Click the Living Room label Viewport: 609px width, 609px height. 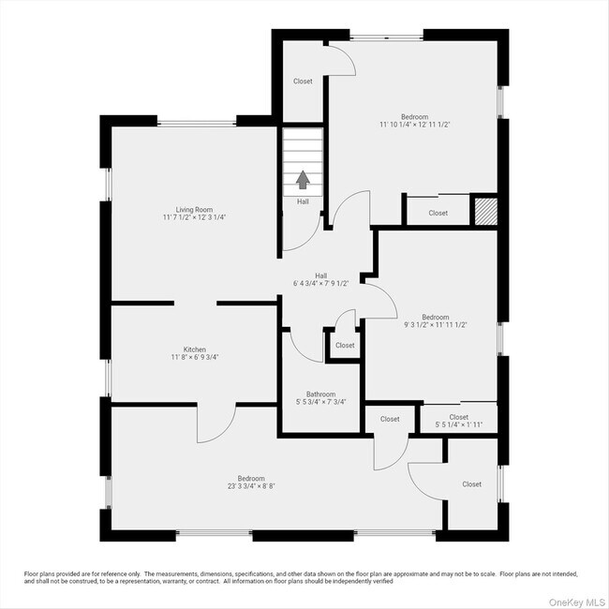click(195, 209)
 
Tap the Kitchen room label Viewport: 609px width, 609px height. click(195, 349)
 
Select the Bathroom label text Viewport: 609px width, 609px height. click(320, 394)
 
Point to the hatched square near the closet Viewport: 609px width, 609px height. click(483, 209)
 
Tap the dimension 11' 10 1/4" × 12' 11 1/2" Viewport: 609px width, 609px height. click(415, 125)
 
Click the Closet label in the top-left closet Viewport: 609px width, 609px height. click(303, 82)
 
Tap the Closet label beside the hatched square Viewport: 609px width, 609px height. click(438, 213)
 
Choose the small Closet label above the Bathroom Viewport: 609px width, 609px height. click(345, 346)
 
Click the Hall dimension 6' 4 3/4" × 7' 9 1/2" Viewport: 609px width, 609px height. click(320, 283)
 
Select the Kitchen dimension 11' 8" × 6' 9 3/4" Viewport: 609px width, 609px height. click(195, 357)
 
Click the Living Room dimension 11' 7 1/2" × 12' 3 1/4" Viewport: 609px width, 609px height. click(195, 216)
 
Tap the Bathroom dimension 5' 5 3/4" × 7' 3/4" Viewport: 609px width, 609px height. click(320, 402)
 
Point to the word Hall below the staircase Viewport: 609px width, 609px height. click(303, 201)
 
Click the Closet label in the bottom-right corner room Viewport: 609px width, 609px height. click(471, 484)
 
